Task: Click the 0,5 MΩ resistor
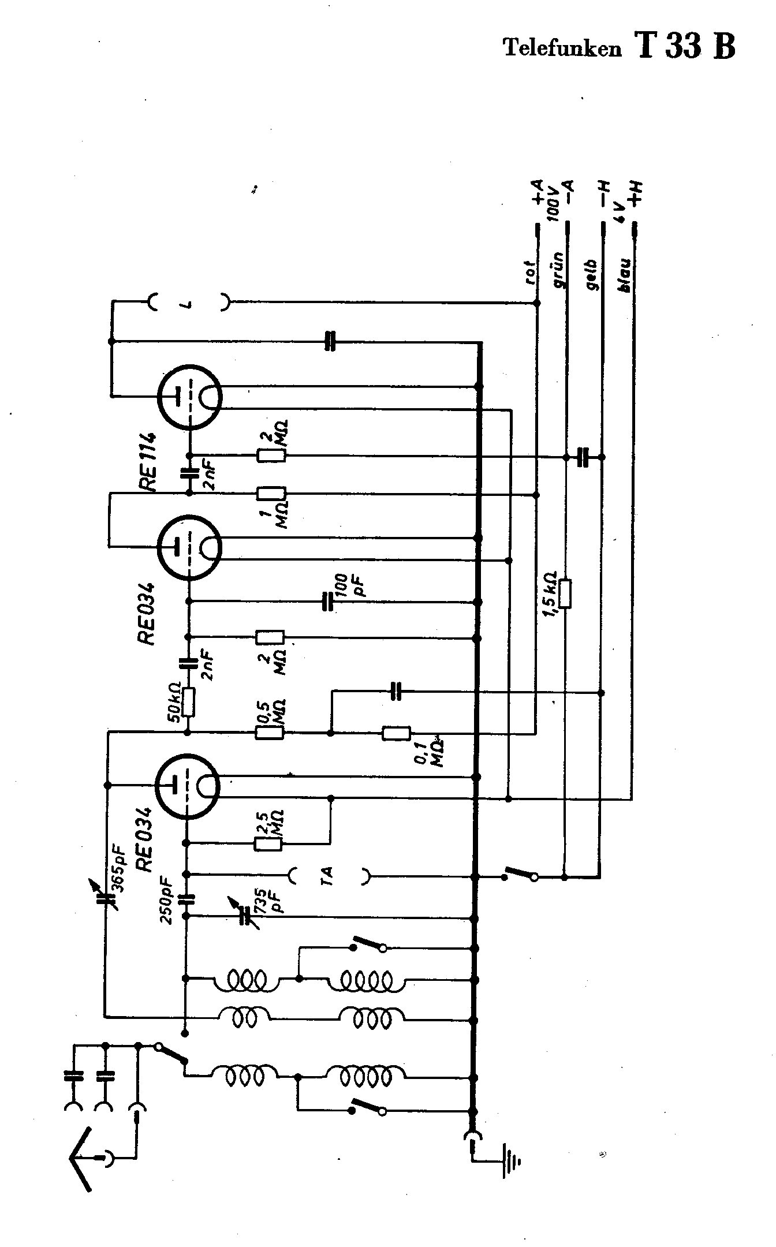(x=269, y=733)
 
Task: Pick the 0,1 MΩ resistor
(x=397, y=734)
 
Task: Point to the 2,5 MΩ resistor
(x=268, y=843)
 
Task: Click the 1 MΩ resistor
(x=271, y=494)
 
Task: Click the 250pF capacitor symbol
(x=186, y=899)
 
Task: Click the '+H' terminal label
(x=636, y=194)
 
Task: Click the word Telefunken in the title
(x=564, y=48)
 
